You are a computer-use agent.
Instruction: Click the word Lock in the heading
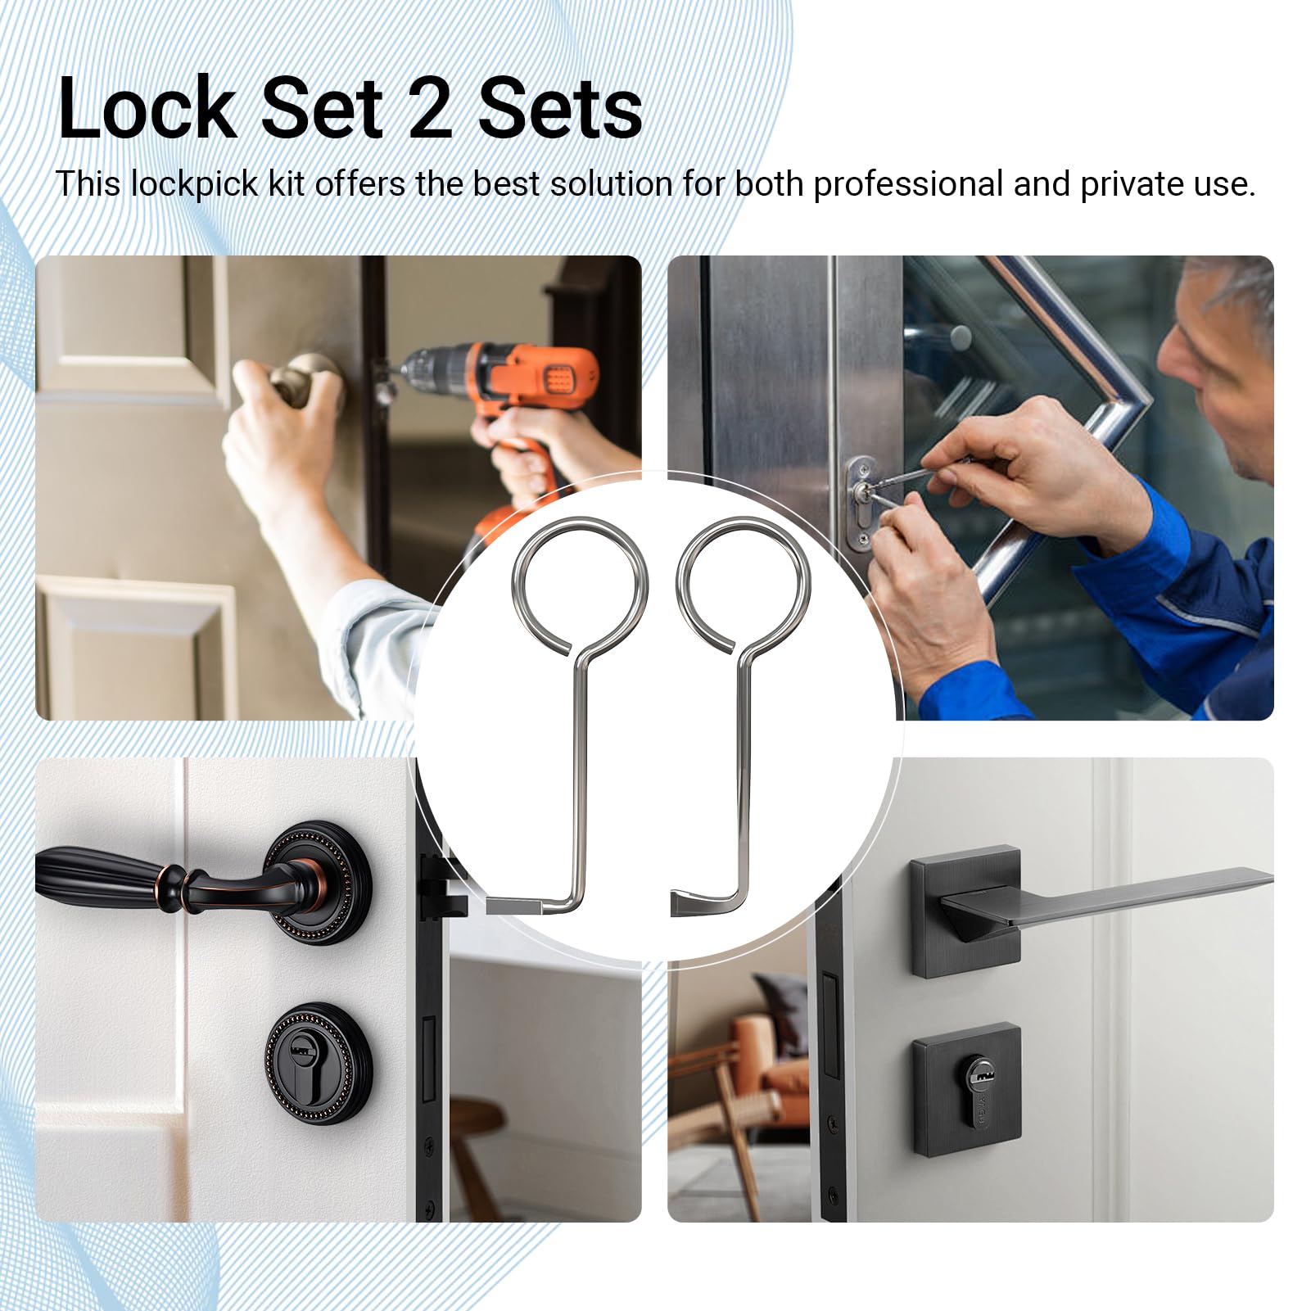(x=147, y=109)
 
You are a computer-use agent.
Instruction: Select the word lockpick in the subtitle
(x=195, y=184)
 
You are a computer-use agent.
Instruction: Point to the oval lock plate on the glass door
(x=861, y=503)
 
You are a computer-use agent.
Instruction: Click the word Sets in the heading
(x=560, y=109)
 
